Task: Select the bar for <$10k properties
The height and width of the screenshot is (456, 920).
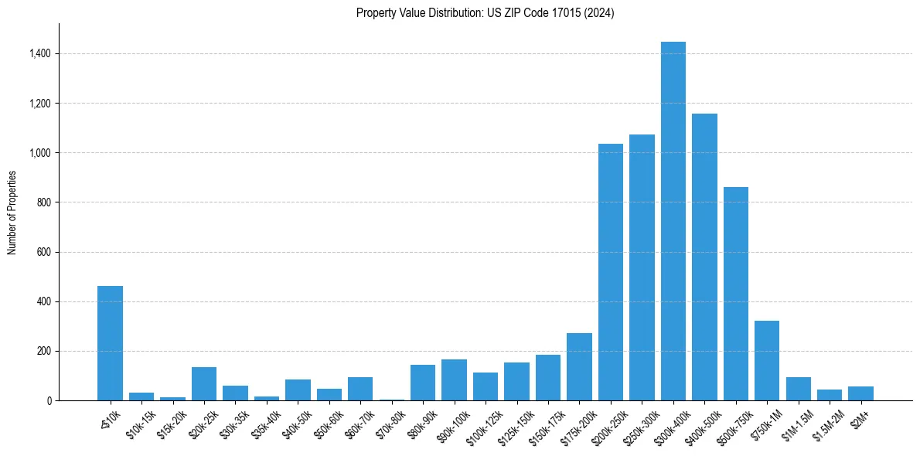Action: point(110,343)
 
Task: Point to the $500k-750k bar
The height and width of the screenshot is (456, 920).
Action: point(735,294)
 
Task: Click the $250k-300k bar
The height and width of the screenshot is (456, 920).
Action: point(642,267)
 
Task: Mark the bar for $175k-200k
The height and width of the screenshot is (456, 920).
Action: point(579,366)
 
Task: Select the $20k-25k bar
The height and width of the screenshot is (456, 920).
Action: point(204,383)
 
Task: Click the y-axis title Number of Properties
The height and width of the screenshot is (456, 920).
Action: point(12,213)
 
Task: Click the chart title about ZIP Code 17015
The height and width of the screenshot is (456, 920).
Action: point(485,13)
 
